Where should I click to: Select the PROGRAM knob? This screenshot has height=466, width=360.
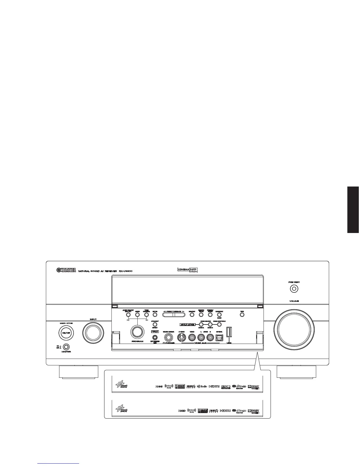click(x=137, y=332)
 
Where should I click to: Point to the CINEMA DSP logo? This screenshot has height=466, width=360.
click(x=191, y=269)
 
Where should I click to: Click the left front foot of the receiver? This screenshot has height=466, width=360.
click(x=79, y=372)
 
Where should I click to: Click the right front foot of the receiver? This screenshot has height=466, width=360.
click(x=296, y=372)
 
